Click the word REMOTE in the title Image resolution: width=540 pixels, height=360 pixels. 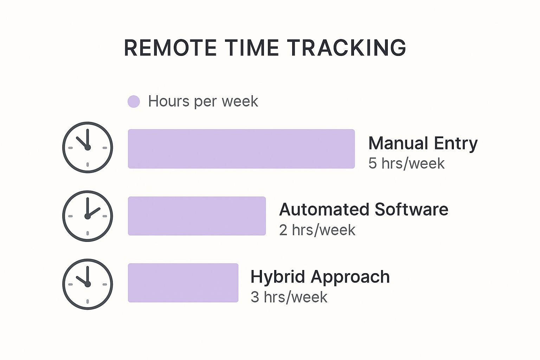pos(170,48)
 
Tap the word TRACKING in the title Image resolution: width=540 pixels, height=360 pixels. pos(347,48)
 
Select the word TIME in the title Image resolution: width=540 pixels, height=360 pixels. pos(252,48)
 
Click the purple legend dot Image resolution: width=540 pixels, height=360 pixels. pos(134,101)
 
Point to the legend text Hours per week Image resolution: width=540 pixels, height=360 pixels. pos(203,101)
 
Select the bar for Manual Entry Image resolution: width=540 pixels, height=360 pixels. pos(241,149)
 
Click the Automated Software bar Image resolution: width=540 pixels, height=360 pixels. pos(197,216)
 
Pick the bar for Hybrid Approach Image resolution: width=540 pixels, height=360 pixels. pos(183,283)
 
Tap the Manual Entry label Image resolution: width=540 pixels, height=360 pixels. pos(423,144)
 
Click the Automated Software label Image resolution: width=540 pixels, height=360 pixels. pos(364,209)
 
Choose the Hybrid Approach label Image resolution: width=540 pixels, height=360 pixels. pos(320,277)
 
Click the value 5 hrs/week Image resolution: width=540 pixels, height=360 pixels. pos(406,163)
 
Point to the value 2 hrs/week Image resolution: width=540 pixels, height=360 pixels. pos(317,230)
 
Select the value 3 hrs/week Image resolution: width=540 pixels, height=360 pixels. pos(289,297)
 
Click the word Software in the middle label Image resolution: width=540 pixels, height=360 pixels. pos(412,209)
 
